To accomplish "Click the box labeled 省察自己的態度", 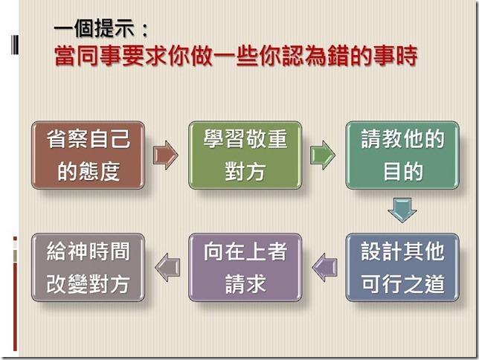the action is pyautogui.click(x=88, y=155).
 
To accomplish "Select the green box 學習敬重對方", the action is pyautogui.click(x=245, y=155).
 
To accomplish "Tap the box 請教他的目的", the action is pyautogui.click(x=402, y=155).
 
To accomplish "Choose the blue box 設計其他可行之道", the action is pyautogui.click(x=402, y=268).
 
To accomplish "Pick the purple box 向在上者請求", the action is pyautogui.click(x=245, y=268).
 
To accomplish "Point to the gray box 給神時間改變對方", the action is pyautogui.click(x=88, y=268).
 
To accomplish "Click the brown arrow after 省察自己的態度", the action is pyautogui.click(x=166, y=155).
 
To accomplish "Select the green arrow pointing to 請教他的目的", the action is pyautogui.click(x=323, y=155).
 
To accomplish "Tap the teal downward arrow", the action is pyautogui.click(x=402, y=210).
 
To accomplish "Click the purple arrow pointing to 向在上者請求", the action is pyautogui.click(x=324, y=268).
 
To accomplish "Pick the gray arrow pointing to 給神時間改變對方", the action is pyautogui.click(x=167, y=268).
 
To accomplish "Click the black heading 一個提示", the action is pyautogui.click(x=94, y=28).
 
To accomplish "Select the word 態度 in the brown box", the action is pyautogui.click(x=99, y=172).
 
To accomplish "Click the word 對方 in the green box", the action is pyautogui.click(x=245, y=172).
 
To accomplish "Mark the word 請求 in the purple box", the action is pyautogui.click(x=245, y=284).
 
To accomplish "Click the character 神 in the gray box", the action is pyautogui.click(x=77, y=251).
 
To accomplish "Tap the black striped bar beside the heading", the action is pyautogui.click(x=15, y=45).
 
